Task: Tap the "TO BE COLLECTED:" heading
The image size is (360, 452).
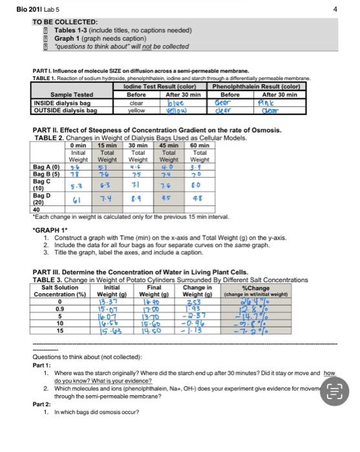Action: click(x=65, y=22)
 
